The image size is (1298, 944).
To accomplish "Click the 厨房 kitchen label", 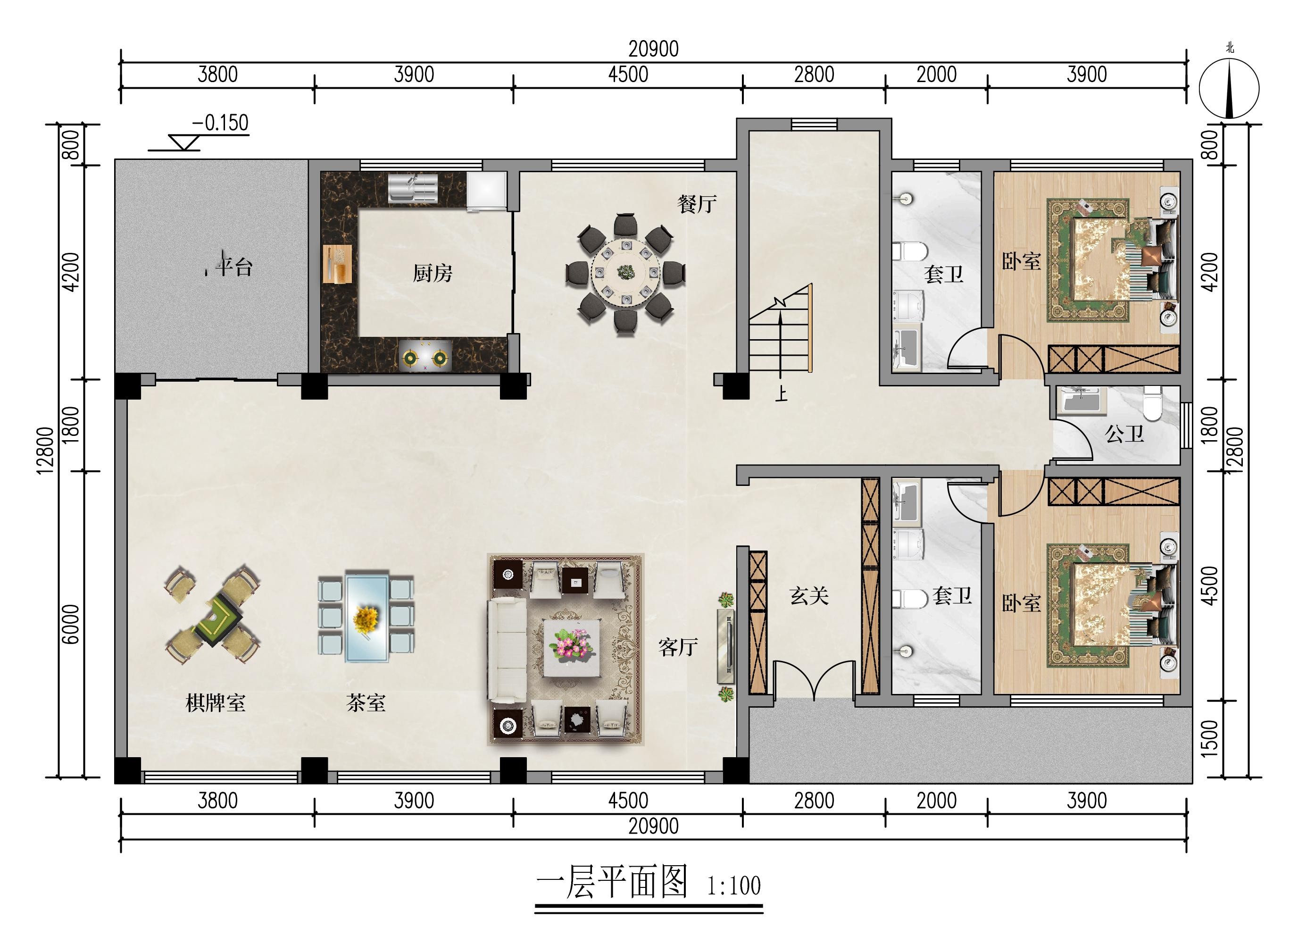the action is [433, 274].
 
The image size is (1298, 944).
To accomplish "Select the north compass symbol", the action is [1229, 88].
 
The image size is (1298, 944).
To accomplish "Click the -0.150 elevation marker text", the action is [220, 123].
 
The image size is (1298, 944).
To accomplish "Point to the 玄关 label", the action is [809, 596].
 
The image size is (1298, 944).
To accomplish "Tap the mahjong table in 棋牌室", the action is [212, 615].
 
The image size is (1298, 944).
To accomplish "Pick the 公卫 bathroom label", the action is [1124, 434].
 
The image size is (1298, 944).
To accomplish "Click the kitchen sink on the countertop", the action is [413, 188].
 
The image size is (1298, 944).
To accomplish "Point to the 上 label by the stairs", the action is [781, 393].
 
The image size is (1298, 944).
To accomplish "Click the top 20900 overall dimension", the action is [654, 49].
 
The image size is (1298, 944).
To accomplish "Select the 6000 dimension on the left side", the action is [70, 624].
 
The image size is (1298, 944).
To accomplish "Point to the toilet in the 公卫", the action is [1151, 402].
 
